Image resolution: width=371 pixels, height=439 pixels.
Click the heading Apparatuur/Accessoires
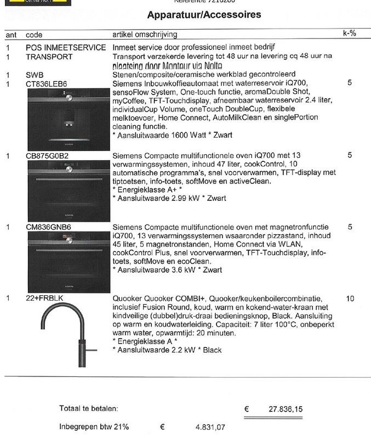coord(204,14)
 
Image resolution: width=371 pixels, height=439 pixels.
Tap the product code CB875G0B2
coord(47,156)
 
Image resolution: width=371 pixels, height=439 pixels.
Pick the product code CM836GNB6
coord(48,227)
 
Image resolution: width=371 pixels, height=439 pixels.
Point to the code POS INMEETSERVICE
coord(66,48)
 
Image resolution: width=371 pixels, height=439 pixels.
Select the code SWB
coord(34,75)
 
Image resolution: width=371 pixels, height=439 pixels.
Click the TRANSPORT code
coord(49,57)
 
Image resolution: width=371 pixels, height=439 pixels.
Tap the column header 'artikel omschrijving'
coord(146,35)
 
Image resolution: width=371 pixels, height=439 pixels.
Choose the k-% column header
coord(349,33)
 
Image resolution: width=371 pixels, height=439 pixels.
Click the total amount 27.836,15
coord(286,409)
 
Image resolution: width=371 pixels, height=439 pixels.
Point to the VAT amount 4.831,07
coord(210,427)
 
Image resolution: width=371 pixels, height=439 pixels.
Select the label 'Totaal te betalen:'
coord(88,409)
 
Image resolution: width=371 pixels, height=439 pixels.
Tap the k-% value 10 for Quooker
coord(351,299)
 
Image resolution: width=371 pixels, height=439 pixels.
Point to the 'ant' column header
coord(10,35)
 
